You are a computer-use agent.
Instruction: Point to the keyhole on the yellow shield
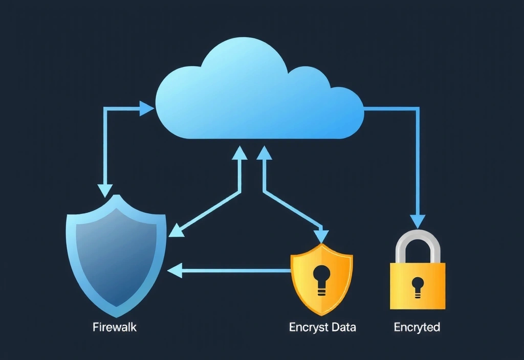point(321,276)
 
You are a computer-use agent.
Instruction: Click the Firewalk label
point(115,327)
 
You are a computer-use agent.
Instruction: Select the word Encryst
point(308,327)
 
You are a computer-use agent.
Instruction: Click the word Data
point(343,327)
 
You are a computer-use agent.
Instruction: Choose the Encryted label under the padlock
point(417,327)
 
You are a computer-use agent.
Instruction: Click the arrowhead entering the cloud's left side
point(147,108)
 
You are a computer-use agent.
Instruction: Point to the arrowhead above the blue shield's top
point(105,190)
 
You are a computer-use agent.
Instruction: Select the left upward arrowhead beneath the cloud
point(238,152)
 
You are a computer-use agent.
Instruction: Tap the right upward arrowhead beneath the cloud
point(264,152)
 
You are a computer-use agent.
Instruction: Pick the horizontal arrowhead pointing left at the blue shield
point(176,270)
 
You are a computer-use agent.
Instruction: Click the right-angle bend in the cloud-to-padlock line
point(418,108)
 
